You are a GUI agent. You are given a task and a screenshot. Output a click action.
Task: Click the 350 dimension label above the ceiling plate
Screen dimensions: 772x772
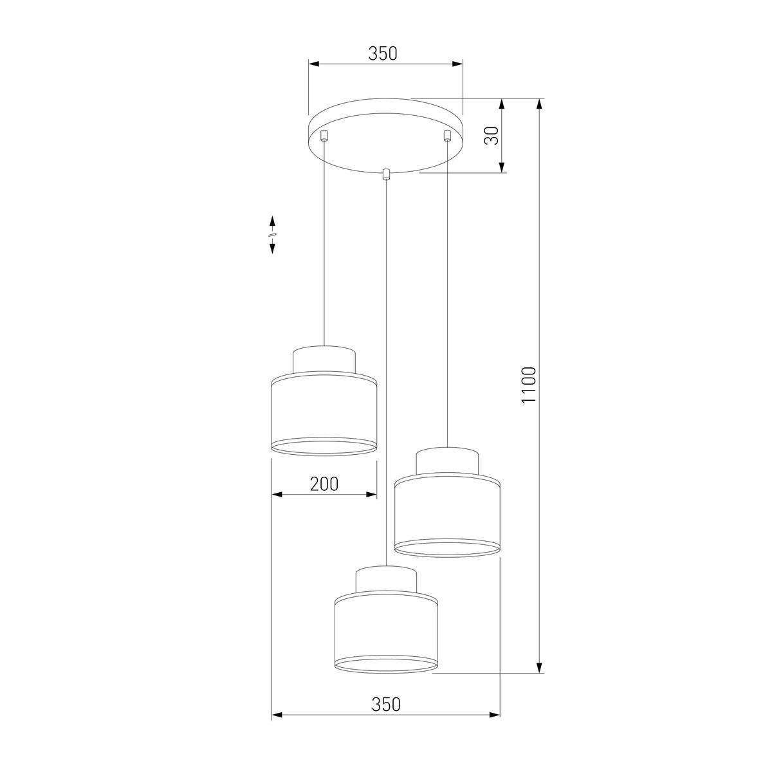tap(383, 54)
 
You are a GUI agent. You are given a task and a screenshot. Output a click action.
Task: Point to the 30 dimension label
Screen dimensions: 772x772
tap(492, 136)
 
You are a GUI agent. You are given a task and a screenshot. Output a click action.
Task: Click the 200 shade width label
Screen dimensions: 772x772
tap(324, 484)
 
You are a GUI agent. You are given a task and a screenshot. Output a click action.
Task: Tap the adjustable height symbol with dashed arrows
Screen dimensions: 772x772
tap(272, 234)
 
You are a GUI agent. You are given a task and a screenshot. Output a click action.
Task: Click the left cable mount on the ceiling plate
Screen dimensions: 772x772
tap(325, 135)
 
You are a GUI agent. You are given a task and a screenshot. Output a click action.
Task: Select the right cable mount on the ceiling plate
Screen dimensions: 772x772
tap(446, 135)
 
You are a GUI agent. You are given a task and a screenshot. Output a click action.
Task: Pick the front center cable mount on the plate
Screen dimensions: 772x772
tap(386, 174)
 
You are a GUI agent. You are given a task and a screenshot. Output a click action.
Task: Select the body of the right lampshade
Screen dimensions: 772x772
tap(447, 515)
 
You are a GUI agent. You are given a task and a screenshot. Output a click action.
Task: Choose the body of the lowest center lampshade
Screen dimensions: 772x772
tap(386, 634)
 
